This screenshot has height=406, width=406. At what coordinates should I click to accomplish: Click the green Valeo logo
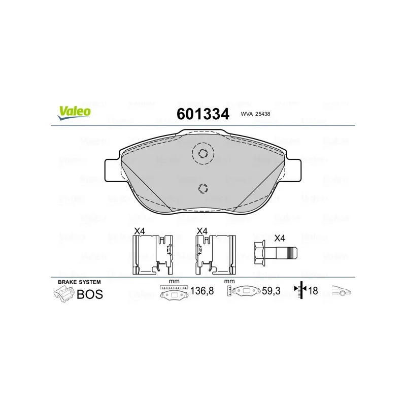pyautogui.click(x=74, y=113)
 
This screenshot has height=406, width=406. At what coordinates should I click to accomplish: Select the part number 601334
pyautogui.click(x=203, y=114)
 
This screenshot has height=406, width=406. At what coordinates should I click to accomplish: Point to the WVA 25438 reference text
pyautogui.click(x=255, y=114)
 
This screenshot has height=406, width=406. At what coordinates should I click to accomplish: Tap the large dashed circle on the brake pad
pyautogui.click(x=203, y=154)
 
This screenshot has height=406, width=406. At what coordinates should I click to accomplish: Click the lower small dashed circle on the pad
pyautogui.click(x=203, y=188)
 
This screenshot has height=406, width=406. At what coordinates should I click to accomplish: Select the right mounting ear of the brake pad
pyautogui.click(x=293, y=170)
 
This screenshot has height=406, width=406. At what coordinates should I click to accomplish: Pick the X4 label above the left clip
pyautogui.click(x=140, y=231)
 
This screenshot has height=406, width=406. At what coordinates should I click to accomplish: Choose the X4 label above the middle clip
pyautogui.click(x=202, y=231)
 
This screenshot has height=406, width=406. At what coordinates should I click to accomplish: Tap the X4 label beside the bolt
pyautogui.click(x=280, y=238)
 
